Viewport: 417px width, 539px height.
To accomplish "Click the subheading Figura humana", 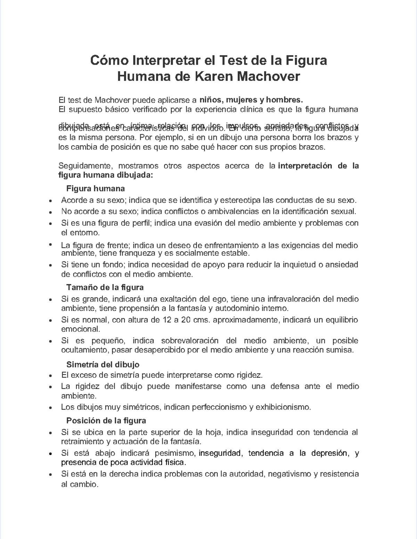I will (95, 189).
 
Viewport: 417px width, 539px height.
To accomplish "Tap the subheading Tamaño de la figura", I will (105, 287).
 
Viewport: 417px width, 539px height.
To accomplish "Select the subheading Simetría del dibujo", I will (103, 365).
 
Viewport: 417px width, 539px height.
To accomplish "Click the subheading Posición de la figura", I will (106, 420).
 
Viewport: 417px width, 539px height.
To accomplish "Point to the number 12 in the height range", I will (167, 320).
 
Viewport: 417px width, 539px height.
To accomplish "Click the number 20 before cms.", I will (186, 320).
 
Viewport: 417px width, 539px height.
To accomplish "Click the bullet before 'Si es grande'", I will (51, 299).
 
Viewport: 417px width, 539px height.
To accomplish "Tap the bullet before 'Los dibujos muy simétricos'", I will (51, 407).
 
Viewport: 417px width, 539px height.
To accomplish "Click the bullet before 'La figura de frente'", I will (51, 245).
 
